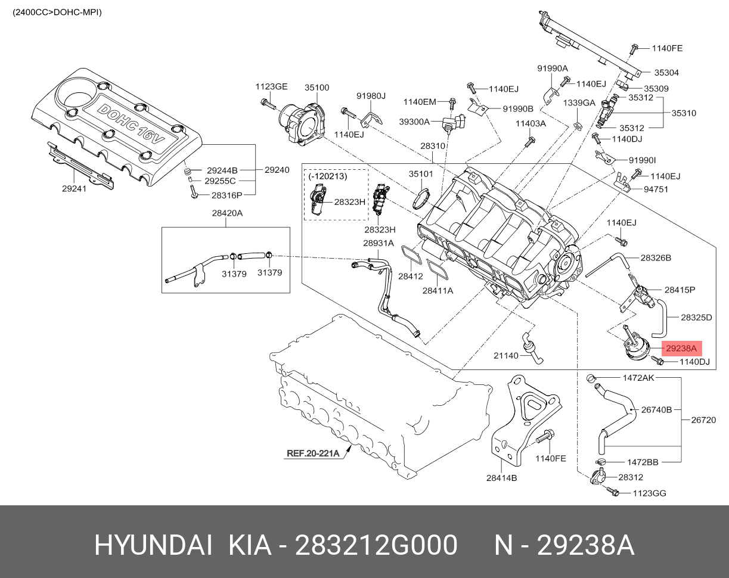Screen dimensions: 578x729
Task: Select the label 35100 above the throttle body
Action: coord(317,87)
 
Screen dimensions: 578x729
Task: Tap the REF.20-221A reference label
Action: coord(313,453)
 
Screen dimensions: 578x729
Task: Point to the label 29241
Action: coord(74,188)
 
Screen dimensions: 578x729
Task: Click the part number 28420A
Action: coord(227,213)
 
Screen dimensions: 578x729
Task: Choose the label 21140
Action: coord(505,356)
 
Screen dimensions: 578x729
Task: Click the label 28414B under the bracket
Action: coord(501,477)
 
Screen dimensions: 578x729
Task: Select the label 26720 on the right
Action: coord(703,419)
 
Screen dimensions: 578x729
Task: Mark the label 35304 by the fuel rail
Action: coord(666,73)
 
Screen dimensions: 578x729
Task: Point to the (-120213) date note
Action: coord(328,176)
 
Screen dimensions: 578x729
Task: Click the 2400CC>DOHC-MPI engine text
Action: coord(57,12)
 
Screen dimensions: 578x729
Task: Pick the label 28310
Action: coord(433,145)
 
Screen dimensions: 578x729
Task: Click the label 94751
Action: coord(656,189)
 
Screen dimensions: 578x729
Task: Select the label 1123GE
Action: coord(271,87)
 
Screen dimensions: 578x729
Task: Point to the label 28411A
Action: coord(438,291)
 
